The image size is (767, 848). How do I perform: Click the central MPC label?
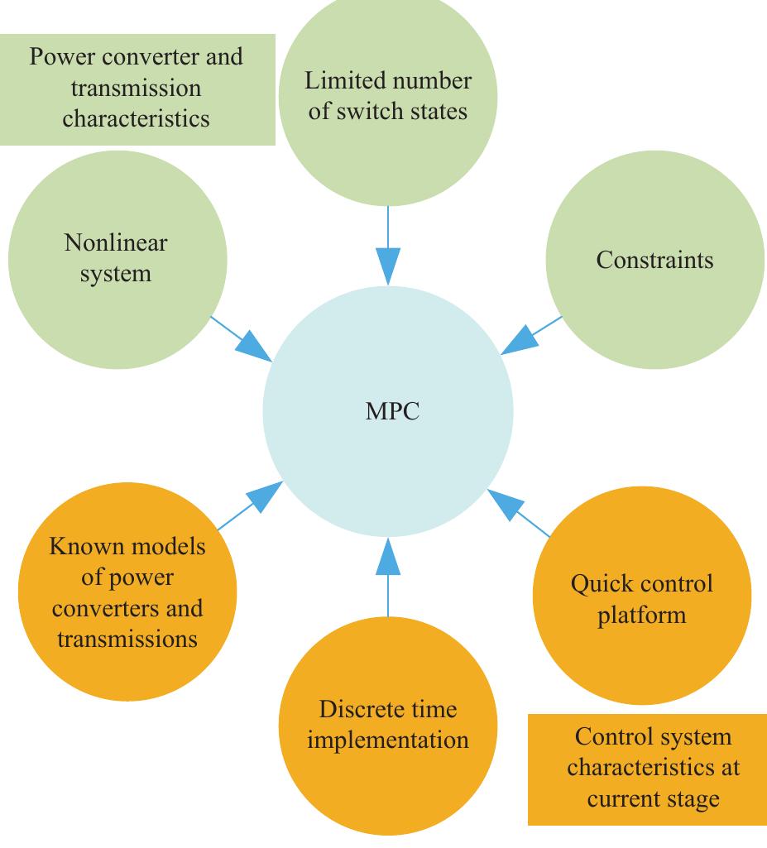tap(392, 411)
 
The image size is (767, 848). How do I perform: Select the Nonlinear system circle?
tap(117, 259)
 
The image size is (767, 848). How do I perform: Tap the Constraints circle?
tap(654, 260)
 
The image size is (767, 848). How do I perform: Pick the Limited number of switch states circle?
tap(387, 96)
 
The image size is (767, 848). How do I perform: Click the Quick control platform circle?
tap(642, 598)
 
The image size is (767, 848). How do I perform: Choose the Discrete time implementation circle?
tap(387, 725)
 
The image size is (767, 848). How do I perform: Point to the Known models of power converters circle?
tap(127, 592)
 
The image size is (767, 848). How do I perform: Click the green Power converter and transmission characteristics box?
tap(137, 89)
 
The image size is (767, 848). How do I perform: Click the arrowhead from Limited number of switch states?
tap(387, 266)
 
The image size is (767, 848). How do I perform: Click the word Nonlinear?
tap(116, 243)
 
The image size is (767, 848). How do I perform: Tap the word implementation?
tap(387, 740)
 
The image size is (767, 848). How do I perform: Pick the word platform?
tap(642, 615)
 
